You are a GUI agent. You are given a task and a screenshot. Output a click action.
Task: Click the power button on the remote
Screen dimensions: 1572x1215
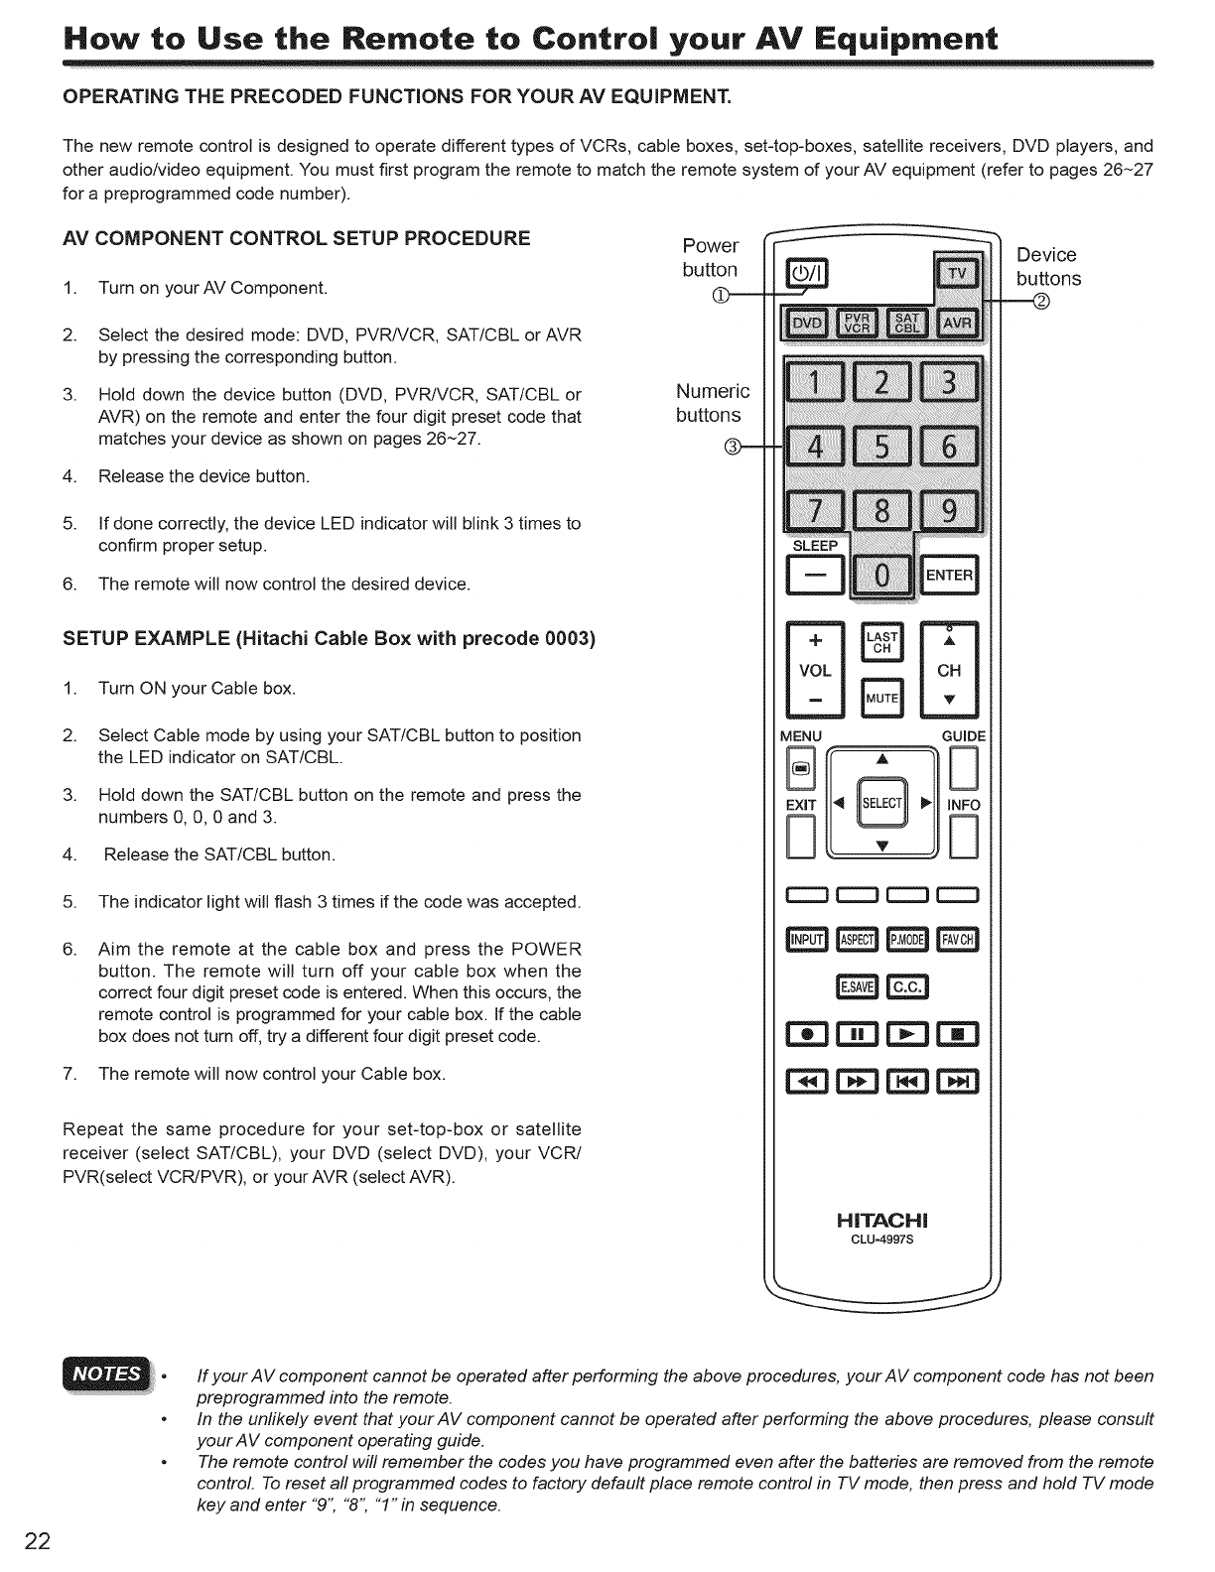pos(812,274)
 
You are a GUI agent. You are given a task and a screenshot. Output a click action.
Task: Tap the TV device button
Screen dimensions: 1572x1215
pos(957,274)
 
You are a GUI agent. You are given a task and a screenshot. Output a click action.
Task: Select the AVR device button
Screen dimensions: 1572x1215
pos(957,324)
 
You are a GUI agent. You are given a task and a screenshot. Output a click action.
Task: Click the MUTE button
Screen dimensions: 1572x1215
pos(881,698)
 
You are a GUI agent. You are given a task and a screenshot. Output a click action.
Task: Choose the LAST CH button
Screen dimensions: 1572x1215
pos(881,641)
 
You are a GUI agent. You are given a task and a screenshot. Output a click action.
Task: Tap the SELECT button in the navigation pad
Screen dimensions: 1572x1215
pos(881,803)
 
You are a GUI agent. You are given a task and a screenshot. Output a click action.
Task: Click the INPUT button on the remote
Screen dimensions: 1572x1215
pos(806,940)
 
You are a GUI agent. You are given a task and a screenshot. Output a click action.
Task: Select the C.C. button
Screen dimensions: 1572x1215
pos(908,986)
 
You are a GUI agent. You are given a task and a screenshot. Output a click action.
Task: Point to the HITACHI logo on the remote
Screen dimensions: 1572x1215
pos(881,1220)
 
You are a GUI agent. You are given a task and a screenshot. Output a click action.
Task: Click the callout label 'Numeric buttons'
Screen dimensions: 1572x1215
pos(712,403)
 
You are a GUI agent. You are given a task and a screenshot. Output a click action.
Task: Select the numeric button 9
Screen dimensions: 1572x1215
pos(948,511)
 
